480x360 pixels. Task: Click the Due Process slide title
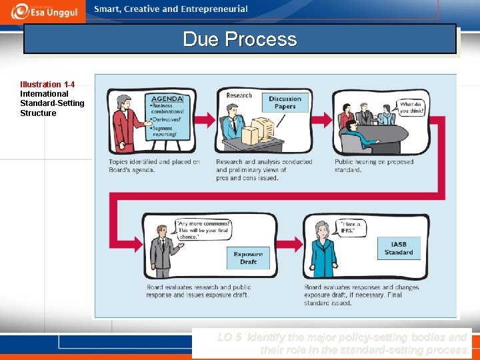pyautogui.click(x=239, y=39)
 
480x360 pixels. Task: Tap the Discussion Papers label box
pyautogui.click(x=285, y=102)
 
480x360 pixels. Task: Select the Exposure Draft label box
pyautogui.click(x=248, y=258)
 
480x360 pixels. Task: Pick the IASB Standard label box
pyautogui.click(x=399, y=248)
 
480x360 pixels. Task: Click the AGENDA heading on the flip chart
pyautogui.click(x=166, y=98)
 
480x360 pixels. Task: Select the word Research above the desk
pyautogui.click(x=239, y=95)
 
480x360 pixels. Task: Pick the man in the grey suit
pyautogui.click(x=160, y=249)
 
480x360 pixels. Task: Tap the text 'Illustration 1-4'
pyautogui.click(x=47, y=85)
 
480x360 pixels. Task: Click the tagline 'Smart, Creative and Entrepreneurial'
pyautogui.click(x=171, y=9)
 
